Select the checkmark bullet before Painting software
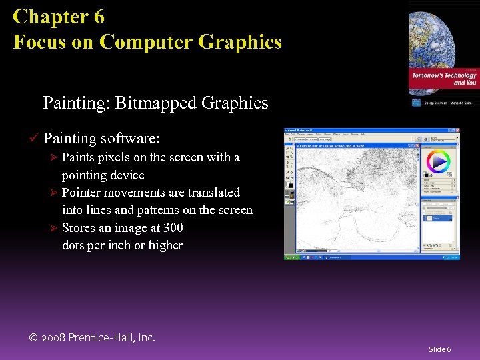(x=33, y=139)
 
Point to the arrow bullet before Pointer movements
(x=55, y=193)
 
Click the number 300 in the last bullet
(x=172, y=228)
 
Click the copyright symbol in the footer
(x=34, y=338)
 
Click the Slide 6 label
(x=439, y=349)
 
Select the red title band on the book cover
(x=444, y=79)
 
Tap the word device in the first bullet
(x=127, y=175)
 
